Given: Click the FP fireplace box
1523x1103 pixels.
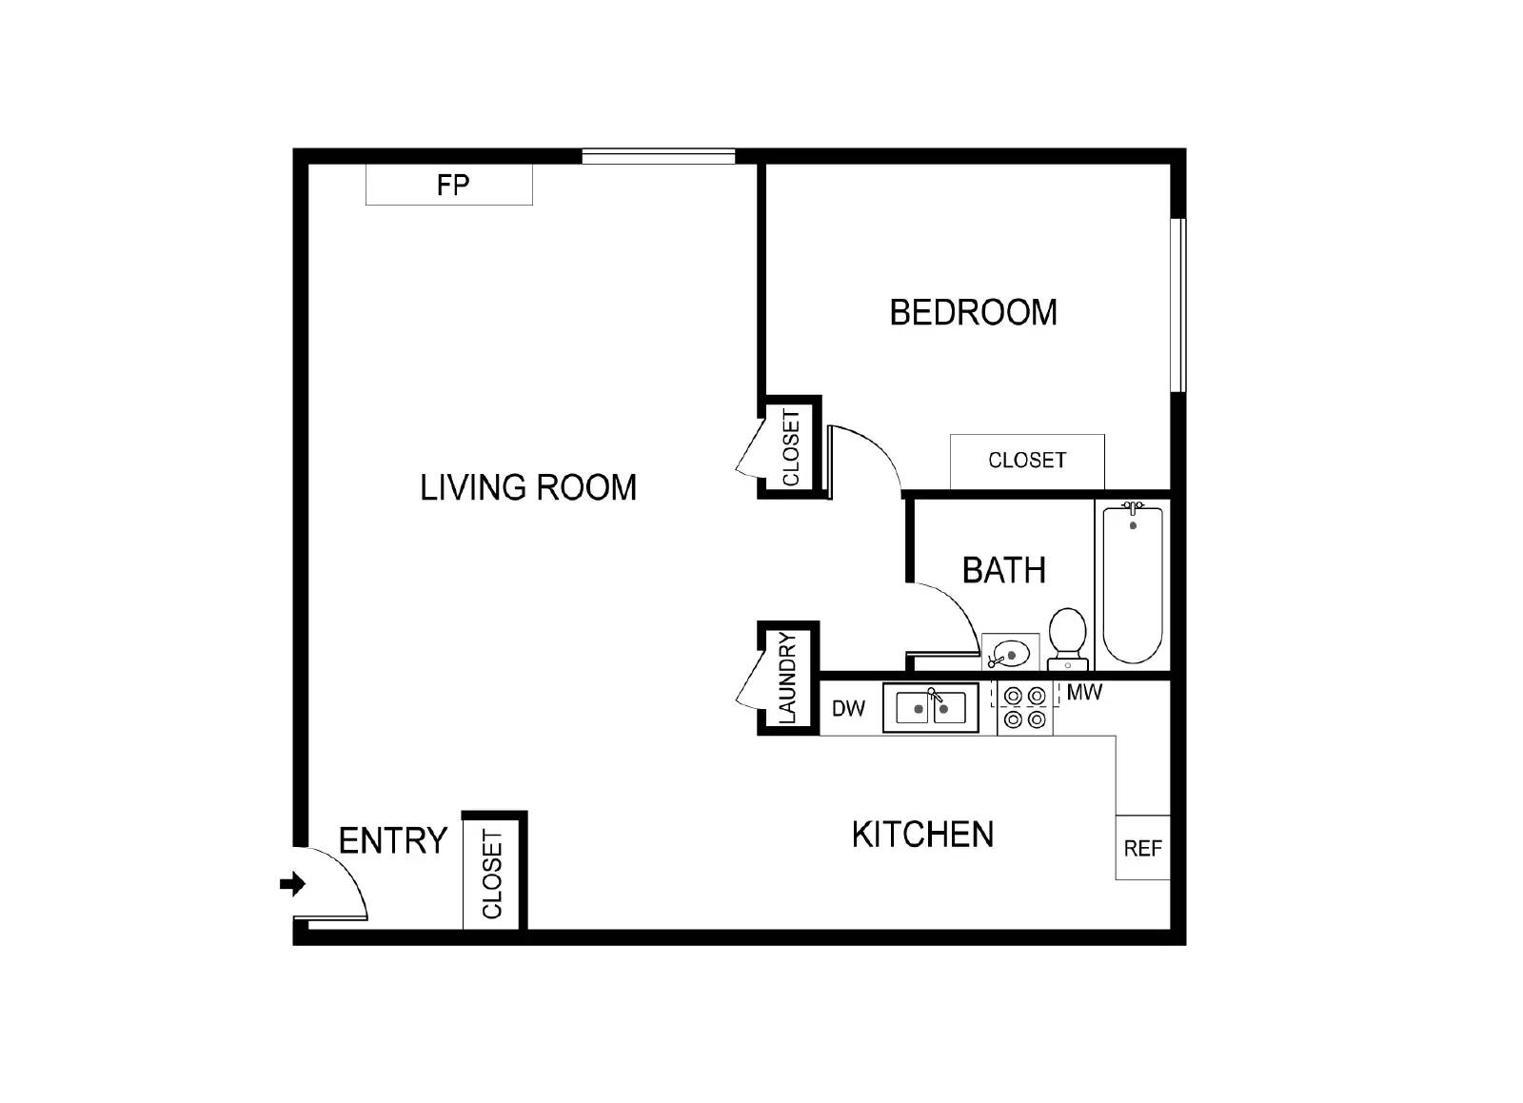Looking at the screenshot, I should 449,185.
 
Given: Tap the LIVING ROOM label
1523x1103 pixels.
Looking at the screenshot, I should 528,487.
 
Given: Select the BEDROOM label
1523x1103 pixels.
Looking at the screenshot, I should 973,312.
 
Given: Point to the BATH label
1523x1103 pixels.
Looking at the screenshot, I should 1004,570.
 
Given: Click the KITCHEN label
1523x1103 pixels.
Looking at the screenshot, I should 922,835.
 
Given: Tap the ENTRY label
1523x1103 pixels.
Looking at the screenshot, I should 393,840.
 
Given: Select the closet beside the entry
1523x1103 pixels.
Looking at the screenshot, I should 493,874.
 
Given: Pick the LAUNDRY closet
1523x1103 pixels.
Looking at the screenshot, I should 788,678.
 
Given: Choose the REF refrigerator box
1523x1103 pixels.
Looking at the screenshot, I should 1142,847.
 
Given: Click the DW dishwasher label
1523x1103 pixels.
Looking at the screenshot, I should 848,708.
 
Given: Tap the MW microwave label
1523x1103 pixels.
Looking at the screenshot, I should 1084,693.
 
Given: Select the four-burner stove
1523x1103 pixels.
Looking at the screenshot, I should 1025,709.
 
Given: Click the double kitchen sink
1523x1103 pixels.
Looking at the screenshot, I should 930,709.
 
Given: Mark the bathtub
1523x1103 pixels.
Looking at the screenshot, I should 1132,584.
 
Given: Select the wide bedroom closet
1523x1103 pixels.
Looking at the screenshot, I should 1027,461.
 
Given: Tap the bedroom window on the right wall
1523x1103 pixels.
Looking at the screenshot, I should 1178,305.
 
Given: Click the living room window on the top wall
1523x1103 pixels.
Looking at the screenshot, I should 659,156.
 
